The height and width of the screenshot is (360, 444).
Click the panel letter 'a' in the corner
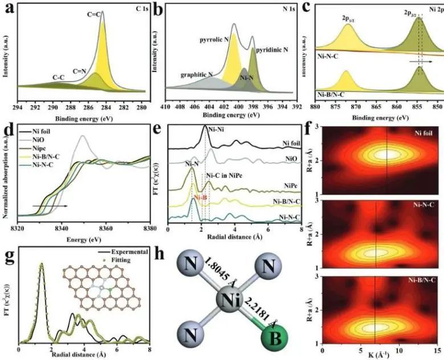pos(9,10)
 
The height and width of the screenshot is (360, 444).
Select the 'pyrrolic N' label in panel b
pos(211,41)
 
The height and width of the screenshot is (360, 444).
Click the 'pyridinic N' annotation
pos(270,50)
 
